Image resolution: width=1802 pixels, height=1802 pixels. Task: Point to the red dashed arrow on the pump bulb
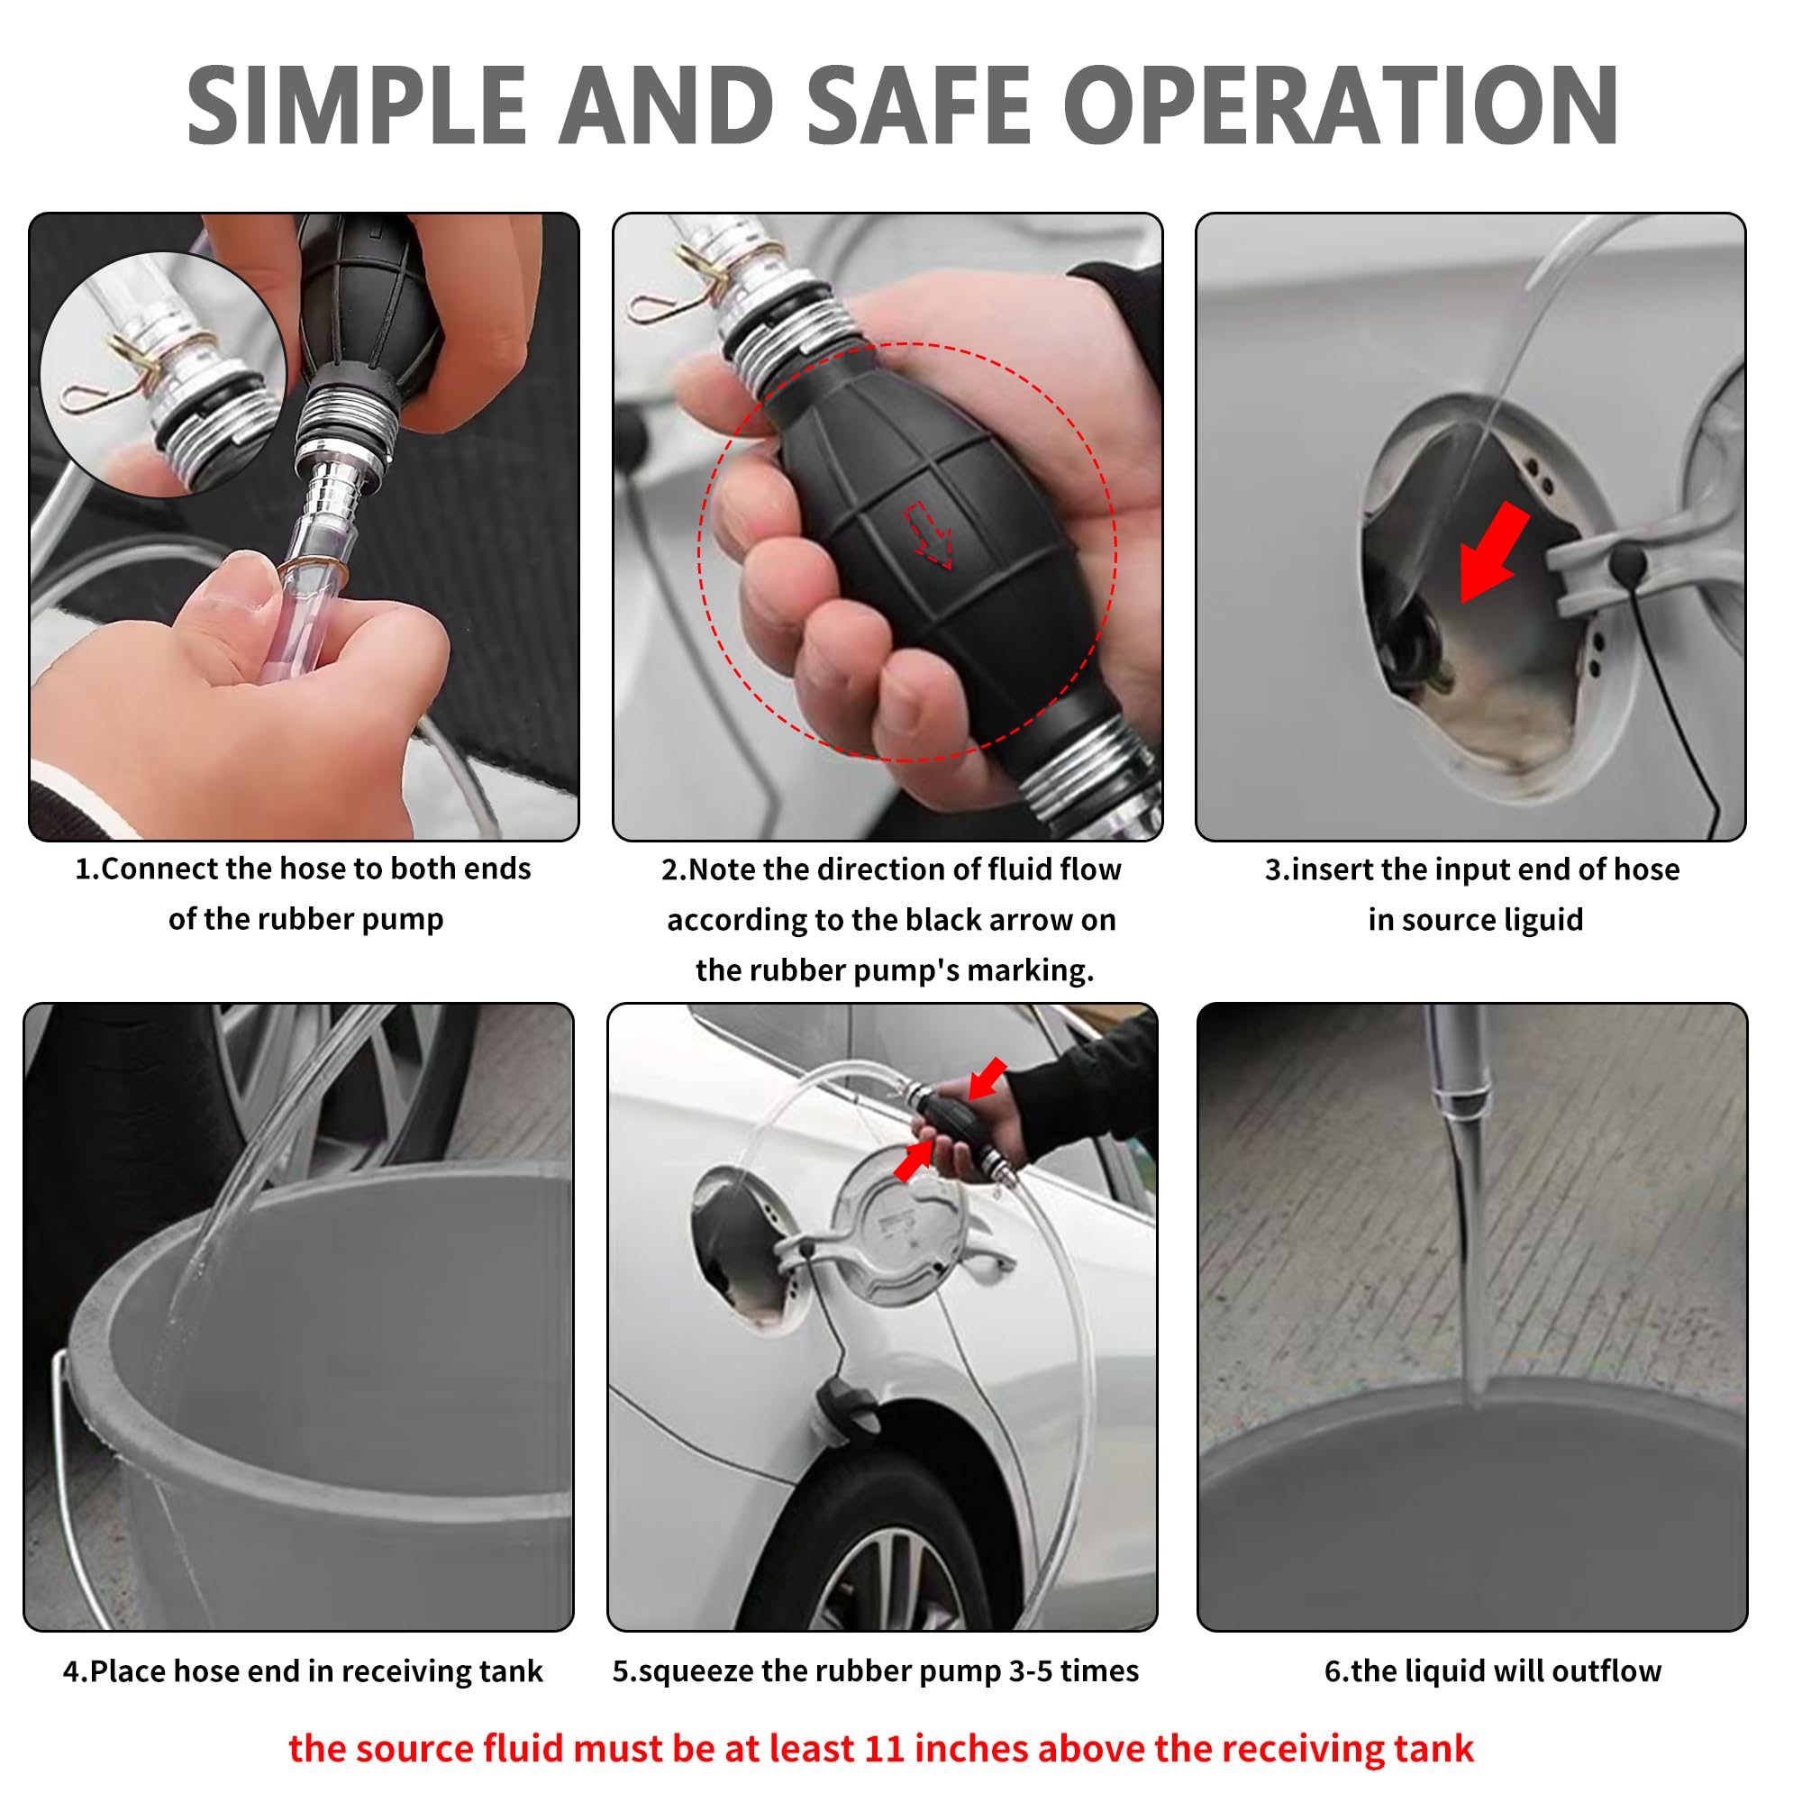pos(929,534)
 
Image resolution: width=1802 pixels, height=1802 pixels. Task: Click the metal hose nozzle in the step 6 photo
pos(1457,1072)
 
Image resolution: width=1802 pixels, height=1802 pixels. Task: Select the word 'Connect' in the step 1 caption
pos(160,869)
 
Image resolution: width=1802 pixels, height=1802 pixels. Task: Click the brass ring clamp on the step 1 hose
pos(314,572)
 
